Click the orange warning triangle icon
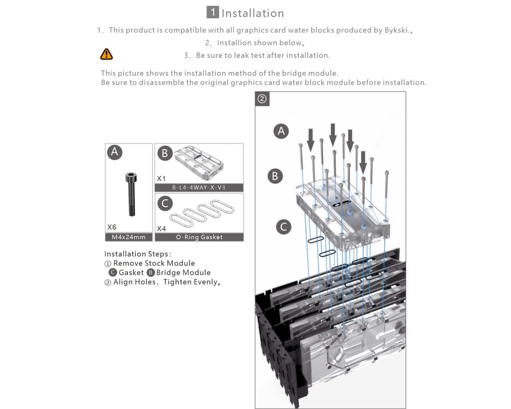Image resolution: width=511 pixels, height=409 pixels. tap(106, 54)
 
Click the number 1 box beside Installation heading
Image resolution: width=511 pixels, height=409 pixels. tap(213, 12)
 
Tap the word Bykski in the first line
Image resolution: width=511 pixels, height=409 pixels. tap(396, 30)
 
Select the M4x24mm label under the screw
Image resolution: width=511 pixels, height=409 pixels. tap(128, 237)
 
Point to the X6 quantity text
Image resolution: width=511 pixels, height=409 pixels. tap(112, 227)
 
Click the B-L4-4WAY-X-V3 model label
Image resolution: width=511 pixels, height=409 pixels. tap(199, 188)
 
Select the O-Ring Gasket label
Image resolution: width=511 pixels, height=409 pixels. tap(199, 237)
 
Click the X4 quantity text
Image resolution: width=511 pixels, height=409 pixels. tap(161, 229)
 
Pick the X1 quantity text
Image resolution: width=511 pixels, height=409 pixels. tap(161, 179)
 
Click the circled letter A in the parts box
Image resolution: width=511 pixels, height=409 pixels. tap(115, 152)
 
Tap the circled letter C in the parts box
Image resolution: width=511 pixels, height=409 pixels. tap(165, 203)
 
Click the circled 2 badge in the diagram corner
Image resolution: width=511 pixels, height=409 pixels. tap(262, 99)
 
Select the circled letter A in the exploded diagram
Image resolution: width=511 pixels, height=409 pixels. tap(281, 131)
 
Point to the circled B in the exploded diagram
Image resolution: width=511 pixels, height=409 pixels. tap(275, 176)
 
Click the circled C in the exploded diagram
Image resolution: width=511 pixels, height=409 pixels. tap(283, 227)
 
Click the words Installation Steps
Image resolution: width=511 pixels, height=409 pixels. tap(137, 254)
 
